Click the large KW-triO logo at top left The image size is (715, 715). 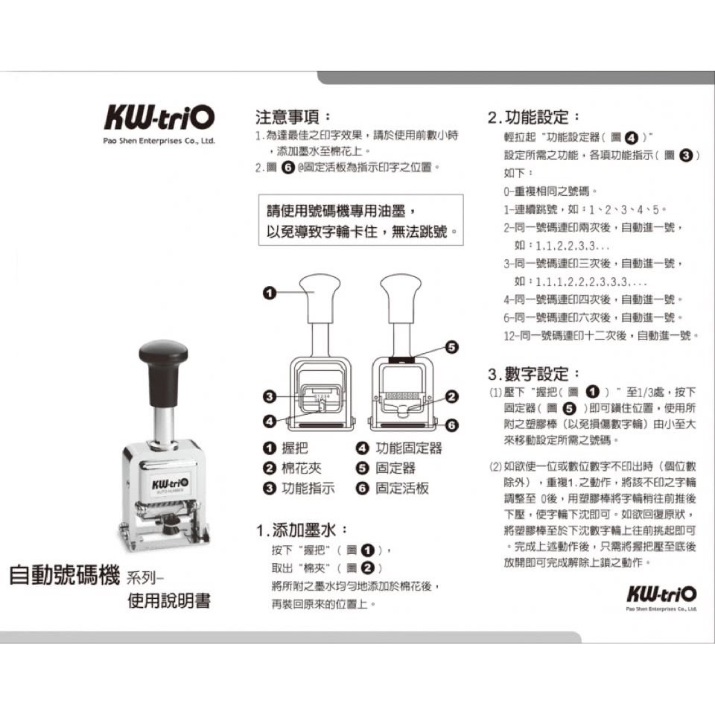click(x=159, y=118)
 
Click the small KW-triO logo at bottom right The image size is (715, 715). click(x=661, y=594)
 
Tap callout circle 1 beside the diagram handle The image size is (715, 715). click(x=270, y=293)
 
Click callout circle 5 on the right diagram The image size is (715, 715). click(x=451, y=347)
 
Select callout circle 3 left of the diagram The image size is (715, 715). click(x=270, y=397)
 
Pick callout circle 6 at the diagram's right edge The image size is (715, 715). click(x=451, y=425)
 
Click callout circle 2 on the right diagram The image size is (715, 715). click(x=451, y=397)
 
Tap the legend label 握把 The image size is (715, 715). click(x=295, y=448)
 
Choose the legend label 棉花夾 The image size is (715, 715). click(x=302, y=468)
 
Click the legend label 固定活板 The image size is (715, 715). click(x=402, y=489)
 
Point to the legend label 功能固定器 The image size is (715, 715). click(x=409, y=448)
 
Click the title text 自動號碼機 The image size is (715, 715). click(x=64, y=574)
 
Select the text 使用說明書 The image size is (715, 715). click(x=169, y=600)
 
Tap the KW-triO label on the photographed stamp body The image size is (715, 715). click(x=169, y=484)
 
